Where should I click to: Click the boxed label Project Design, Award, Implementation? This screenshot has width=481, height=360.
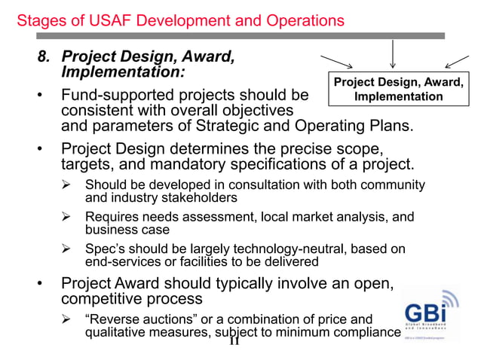[x=399, y=90]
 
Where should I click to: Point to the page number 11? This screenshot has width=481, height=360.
[x=234, y=341]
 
